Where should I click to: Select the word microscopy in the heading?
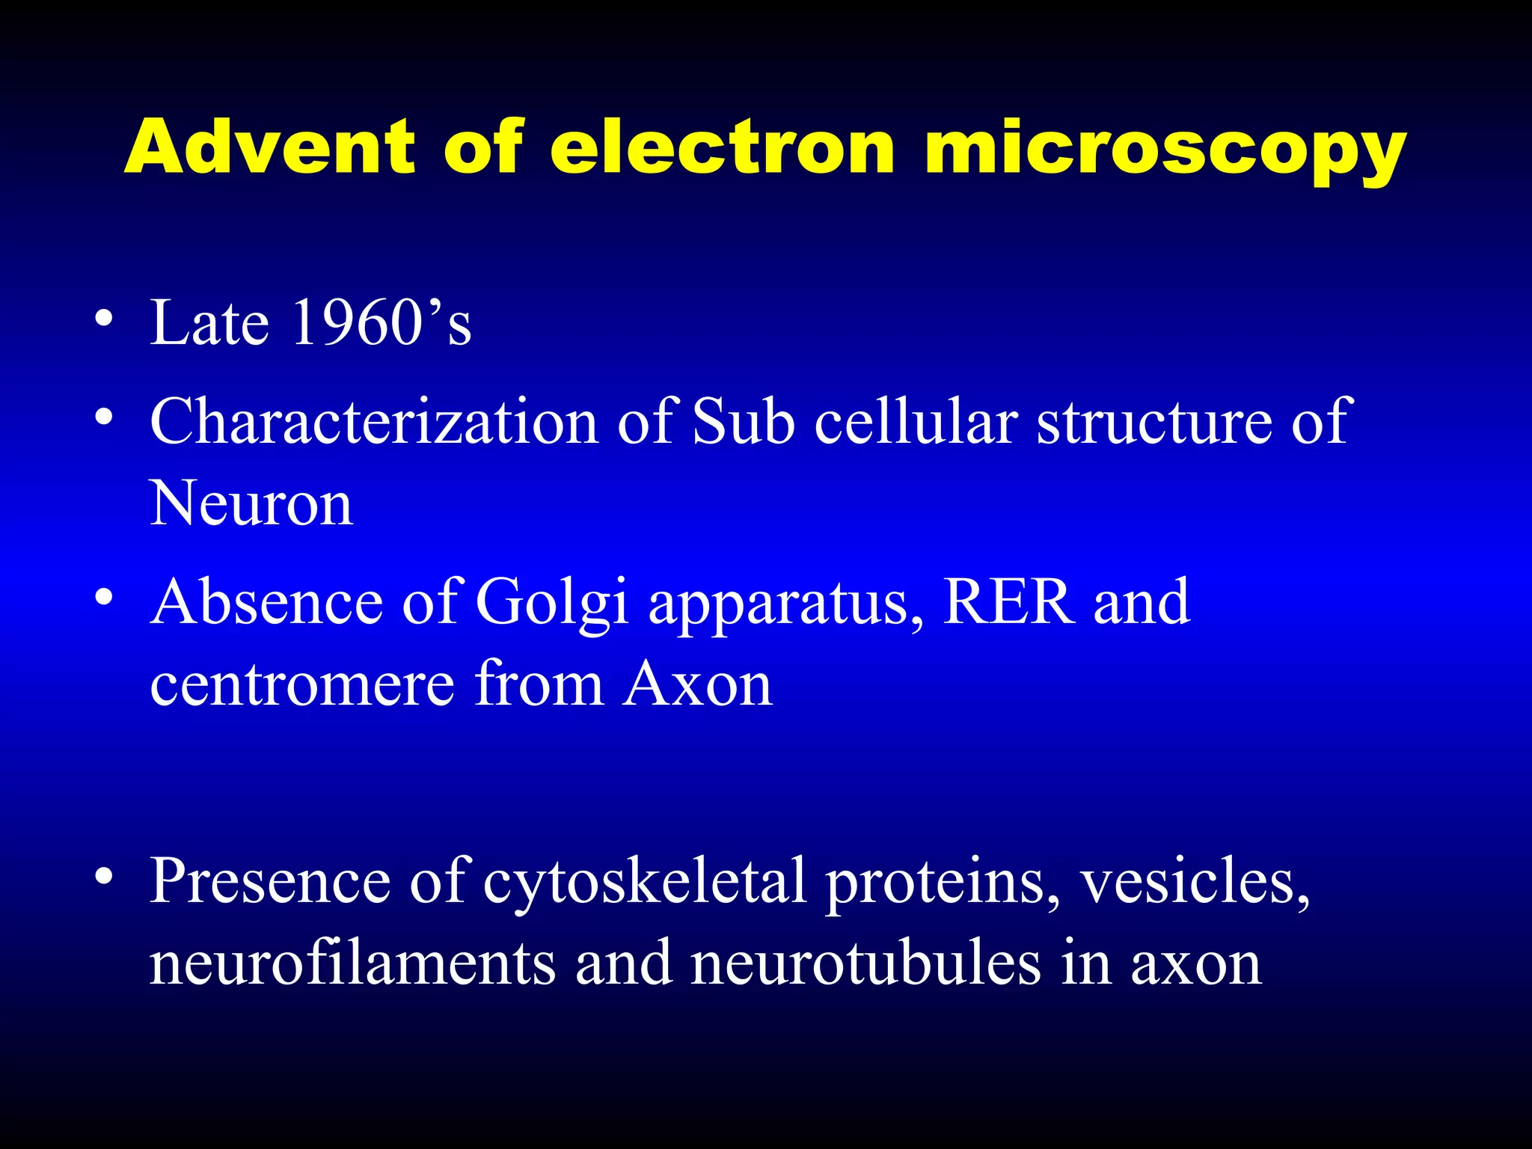pos(1165,150)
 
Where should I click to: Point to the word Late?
pos(209,322)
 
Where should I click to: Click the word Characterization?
pos(374,420)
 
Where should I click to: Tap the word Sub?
pos(744,420)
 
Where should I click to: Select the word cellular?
pos(916,420)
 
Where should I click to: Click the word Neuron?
pos(251,503)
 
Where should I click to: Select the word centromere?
pos(302,684)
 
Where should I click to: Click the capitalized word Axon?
pos(698,684)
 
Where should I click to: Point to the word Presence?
pos(270,880)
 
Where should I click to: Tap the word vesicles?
pos(1195,880)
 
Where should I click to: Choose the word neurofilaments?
pos(352,963)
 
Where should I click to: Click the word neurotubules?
pos(865,963)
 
